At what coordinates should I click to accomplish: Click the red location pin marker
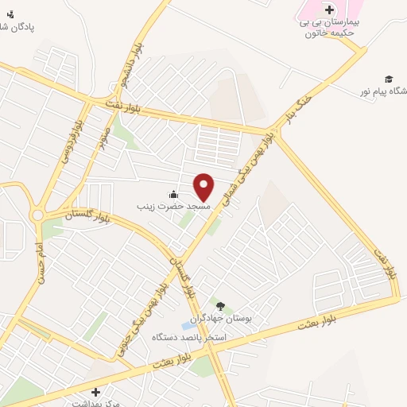coord(203,187)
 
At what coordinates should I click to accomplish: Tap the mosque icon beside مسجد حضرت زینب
coord(173,195)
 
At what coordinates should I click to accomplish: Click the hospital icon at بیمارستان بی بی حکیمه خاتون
coord(329,10)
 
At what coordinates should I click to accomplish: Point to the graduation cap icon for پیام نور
coord(389,79)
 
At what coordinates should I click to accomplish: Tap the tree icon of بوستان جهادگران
coord(220,306)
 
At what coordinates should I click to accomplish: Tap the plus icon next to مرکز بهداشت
coord(96,392)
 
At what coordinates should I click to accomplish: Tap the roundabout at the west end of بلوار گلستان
coord(37,215)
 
